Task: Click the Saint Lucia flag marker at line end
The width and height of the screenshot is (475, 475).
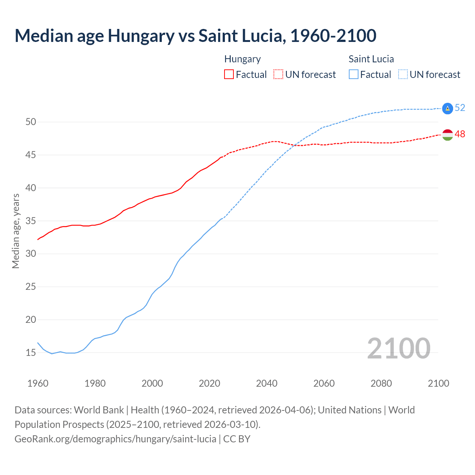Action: pyautogui.click(x=448, y=108)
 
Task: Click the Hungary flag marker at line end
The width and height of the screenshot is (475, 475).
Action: pyautogui.click(x=448, y=135)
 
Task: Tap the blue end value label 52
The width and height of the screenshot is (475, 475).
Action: pyautogui.click(x=460, y=108)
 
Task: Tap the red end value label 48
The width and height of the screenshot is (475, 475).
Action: pyautogui.click(x=460, y=134)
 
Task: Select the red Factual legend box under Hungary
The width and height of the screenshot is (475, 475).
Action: pyautogui.click(x=229, y=74)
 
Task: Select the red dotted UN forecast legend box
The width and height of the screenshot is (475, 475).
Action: pyautogui.click(x=278, y=74)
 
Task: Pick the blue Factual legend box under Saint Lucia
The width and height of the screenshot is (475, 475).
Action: pyautogui.click(x=354, y=74)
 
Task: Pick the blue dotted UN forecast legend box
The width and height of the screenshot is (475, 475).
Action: pyautogui.click(x=403, y=74)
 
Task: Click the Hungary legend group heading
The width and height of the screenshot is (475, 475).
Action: pyautogui.click(x=242, y=59)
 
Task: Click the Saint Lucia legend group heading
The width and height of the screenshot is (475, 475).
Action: pyautogui.click(x=371, y=59)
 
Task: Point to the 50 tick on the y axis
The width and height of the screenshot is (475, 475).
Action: pyautogui.click(x=31, y=122)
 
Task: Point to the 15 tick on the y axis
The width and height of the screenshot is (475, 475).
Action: pyautogui.click(x=31, y=353)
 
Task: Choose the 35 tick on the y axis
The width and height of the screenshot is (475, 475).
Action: pyautogui.click(x=31, y=221)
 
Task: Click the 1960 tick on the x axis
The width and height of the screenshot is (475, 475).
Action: pyautogui.click(x=38, y=383)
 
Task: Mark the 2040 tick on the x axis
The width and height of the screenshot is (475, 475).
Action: pyautogui.click(x=267, y=383)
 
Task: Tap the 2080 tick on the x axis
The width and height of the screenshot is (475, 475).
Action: pyautogui.click(x=381, y=383)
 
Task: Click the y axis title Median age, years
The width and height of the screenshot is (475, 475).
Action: pyautogui.click(x=16, y=231)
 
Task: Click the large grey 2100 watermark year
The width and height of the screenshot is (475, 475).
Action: pyautogui.click(x=399, y=348)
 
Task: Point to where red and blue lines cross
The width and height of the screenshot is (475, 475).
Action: pyautogui.click(x=294, y=145)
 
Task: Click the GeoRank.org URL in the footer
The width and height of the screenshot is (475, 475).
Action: pyautogui.click(x=115, y=439)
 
